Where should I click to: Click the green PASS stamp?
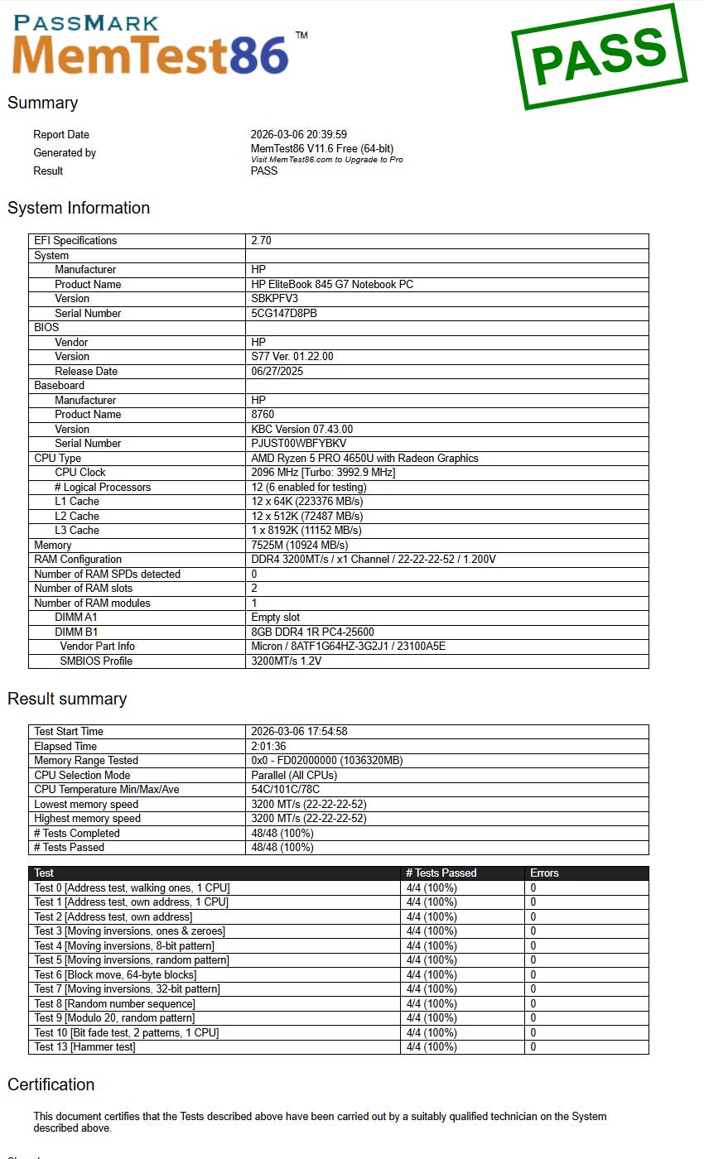pos(599,55)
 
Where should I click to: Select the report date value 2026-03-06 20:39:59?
pos(298,134)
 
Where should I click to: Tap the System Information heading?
pos(79,208)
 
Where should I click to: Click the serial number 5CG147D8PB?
pos(284,313)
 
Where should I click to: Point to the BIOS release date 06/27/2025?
pos(277,371)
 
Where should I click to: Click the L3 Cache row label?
pos(77,530)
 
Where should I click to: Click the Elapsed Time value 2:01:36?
pos(270,746)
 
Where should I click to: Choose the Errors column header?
pos(545,873)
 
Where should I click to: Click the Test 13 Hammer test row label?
pos(84,1047)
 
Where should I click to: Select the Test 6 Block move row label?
pos(115,974)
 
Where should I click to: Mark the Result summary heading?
pos(67,699)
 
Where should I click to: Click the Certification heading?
pos(51,1084)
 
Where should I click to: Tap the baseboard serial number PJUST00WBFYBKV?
pos(298,443)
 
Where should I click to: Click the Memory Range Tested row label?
pos(86,760)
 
